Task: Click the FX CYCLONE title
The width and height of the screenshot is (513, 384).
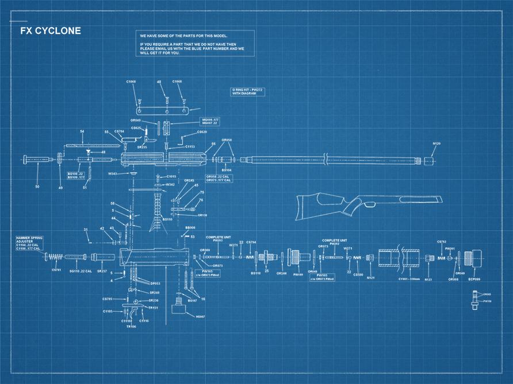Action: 51,31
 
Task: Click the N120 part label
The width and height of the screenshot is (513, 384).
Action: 437,143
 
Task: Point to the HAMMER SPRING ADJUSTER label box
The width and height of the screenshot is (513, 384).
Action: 30,243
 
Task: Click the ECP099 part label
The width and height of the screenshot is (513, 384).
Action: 474,280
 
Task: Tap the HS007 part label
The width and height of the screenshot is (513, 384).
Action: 200,316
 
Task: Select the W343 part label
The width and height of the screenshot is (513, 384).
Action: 114,173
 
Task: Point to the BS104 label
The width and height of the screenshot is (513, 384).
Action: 227,170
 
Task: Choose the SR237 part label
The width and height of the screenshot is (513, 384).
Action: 102,270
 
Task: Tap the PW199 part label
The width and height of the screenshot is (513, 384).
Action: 298,274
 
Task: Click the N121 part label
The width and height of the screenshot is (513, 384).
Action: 370,278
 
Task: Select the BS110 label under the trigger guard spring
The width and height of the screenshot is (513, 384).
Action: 167,219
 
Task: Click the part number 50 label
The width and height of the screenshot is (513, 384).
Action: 37,187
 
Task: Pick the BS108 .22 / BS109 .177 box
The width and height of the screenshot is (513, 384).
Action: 76,175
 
